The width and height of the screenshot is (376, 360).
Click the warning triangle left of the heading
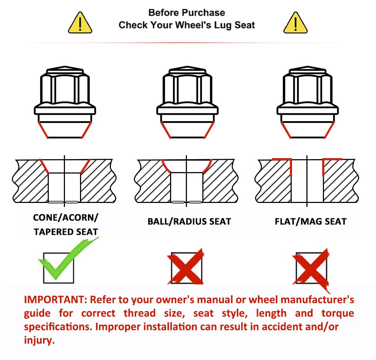pos(80,23)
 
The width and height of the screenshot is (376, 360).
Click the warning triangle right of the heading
pos(295,23)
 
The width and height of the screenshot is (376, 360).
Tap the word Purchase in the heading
pos(205,13)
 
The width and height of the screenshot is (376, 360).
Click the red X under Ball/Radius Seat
pos(185,266)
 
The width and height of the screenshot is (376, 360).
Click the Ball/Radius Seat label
pos(189,222)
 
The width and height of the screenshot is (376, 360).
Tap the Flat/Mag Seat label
pos(311,222)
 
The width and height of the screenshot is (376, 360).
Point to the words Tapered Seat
pos(66,232)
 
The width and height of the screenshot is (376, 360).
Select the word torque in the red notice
pos(338,313)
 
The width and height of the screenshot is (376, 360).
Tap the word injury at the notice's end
pos(39,340)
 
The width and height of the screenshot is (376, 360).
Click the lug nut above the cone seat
pos(65,102)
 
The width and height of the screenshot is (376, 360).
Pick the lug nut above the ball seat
pos(187,102)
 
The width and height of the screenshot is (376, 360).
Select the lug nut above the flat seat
pos(308,102)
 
